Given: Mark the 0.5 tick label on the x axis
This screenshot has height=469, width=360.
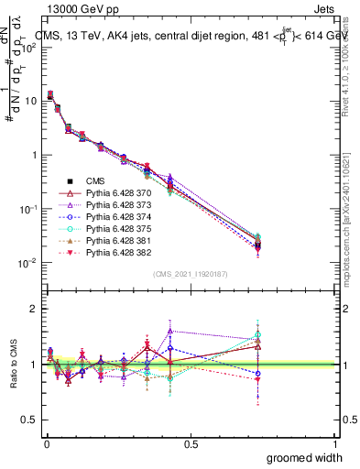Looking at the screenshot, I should point(191,444).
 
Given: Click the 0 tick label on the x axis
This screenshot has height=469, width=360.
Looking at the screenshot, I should point(46,444).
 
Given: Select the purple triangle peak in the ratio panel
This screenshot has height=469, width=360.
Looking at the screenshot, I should point(170,331).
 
